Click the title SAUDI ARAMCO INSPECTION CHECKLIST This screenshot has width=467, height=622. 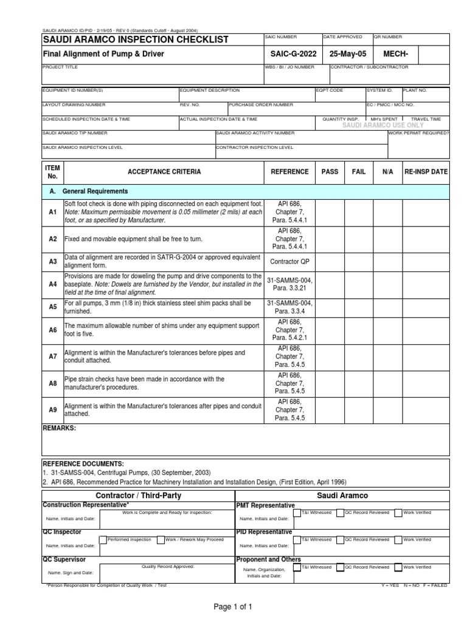tap(135, 40)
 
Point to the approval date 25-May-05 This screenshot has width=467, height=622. tap(346, 54)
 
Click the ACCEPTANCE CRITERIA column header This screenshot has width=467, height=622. tap(164, 172)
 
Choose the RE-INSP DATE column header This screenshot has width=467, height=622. tap(426, 172)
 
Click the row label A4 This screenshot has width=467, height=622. tap(52, 284)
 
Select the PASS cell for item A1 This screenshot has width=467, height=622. tap(330, 212)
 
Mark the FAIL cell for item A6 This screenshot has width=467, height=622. tap(359, 330)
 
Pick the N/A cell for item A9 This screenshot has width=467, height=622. tap(388, 410)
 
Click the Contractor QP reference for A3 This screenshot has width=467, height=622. tap(289, 261)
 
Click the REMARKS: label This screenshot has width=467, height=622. tap(59, 428)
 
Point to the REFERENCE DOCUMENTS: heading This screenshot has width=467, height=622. tap(83, 463)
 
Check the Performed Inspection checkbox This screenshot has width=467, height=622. tap(103, 539)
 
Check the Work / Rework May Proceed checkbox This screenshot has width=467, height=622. tap(161, 539)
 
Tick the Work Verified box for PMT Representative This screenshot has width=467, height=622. tap(398, 513)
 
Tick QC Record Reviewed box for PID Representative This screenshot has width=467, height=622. tap(340, 539)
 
